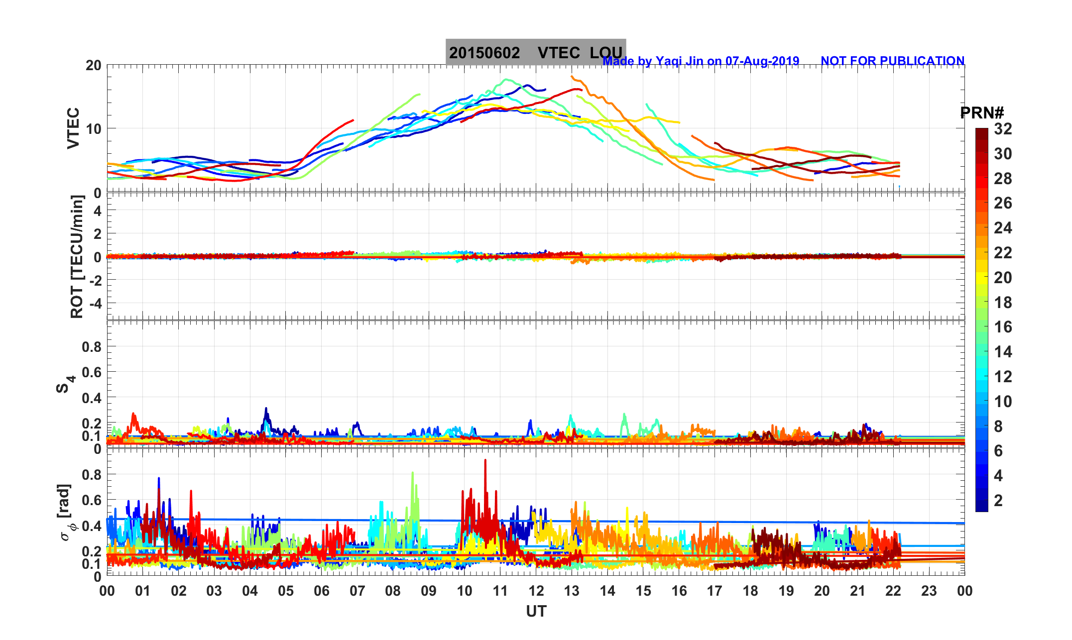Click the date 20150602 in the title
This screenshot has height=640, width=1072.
click(x=484, y=53)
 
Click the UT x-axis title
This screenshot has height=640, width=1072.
click(x=536, y=612)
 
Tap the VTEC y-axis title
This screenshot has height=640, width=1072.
click(x=73, y=128)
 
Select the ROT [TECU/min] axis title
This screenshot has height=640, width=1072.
click(x=77, y=256)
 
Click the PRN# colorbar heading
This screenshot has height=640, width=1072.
click(x=981, y=113)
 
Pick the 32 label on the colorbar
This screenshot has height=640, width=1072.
click(x=1003, y=129)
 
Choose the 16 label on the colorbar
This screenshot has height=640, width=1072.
click(x=1003, y=327)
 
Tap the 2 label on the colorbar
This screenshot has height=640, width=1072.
click(x=998, y=501)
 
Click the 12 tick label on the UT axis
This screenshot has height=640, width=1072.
click(x=536, y=591)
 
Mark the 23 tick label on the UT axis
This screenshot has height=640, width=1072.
click(x=929, y=591)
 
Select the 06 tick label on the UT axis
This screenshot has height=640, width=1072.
click(x=322, y=591)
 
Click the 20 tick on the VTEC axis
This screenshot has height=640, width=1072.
click(x=93, y=65)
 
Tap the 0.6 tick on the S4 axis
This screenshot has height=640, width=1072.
click(x=92, y=372)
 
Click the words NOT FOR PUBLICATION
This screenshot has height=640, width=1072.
click(x=892, y=61)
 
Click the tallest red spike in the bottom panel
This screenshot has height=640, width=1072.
click(x=485, y=461)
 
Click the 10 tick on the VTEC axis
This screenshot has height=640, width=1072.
click(x=93, y=129)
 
